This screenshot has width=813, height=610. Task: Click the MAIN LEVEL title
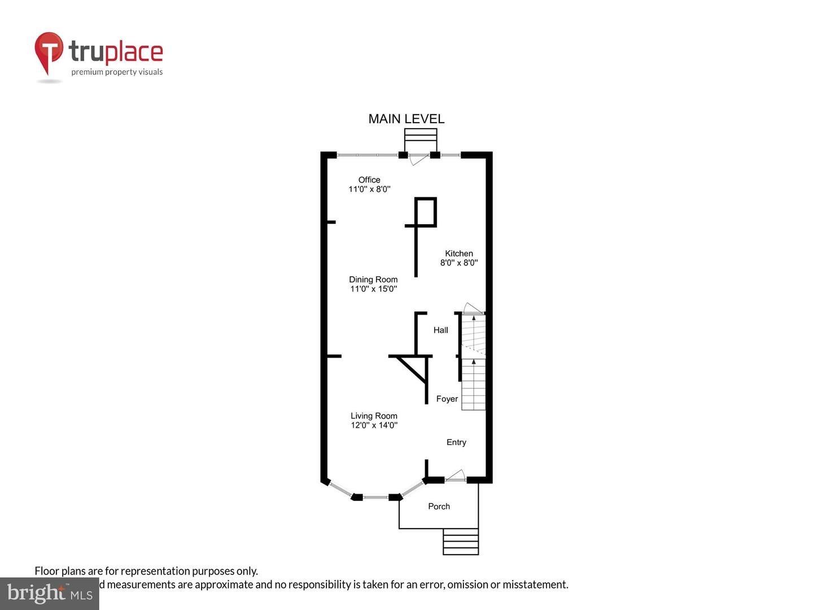click(406, 119)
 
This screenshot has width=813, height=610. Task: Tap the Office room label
click(369, 180)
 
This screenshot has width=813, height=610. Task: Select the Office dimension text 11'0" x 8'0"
click(369, 189)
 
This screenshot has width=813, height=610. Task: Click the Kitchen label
click(458, 254)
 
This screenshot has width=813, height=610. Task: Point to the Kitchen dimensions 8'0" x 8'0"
click(458, 263)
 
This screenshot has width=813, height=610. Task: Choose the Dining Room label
click(373, 280)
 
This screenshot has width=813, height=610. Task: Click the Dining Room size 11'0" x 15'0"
click(373, 289)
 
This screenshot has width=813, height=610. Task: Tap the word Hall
click(440, 330)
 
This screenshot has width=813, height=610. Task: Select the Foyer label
click(447, 399)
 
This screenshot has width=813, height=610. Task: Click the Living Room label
click(374, 416)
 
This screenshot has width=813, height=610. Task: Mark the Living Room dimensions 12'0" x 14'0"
click(374, 425)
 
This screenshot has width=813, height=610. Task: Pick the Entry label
click(456, 442)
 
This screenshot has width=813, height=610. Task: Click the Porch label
click(439, 506)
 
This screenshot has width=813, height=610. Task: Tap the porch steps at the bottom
click(461, 542)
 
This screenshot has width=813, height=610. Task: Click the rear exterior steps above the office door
click(421, 136)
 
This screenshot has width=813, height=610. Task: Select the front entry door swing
click(456, 476)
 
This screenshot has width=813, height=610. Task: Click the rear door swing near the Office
click(417, 159)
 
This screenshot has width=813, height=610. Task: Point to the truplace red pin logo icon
click(49, 53)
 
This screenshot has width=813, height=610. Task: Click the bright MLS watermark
click(49, 593)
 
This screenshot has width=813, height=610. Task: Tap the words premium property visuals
click(117, 72)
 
